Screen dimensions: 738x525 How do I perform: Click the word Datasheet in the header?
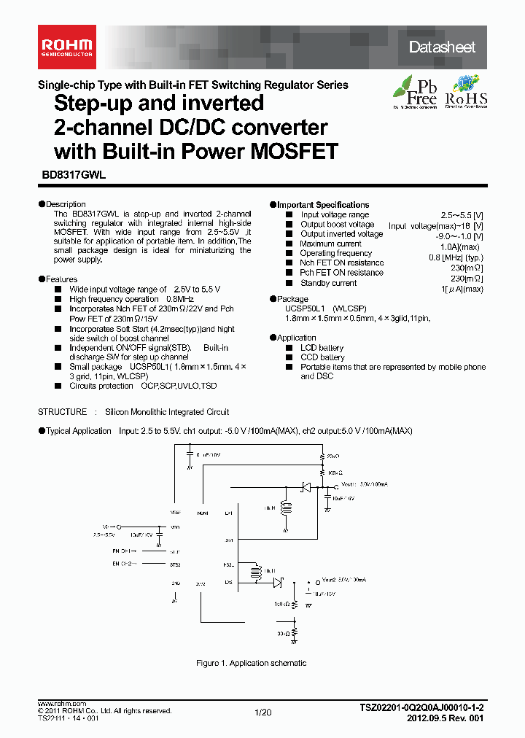tap(442, 47)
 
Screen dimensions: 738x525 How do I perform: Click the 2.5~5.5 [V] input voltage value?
tap(461, 215)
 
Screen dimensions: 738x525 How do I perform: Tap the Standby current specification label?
tap(328, 283)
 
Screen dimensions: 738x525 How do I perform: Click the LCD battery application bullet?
tap(322, 348)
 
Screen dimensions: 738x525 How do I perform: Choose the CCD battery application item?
tap(322, 357)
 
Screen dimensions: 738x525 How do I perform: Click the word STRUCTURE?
tap(62, 412)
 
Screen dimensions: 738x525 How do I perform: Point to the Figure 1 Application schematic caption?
tap(252, 663)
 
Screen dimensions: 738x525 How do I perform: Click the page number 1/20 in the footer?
tap(262, 712)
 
